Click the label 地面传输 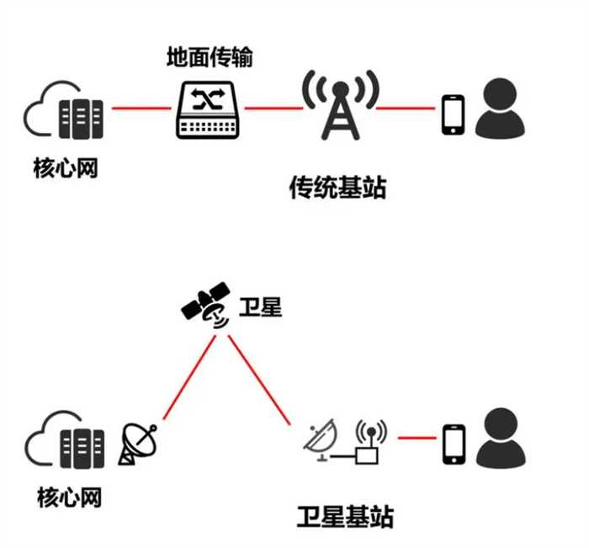tap(210, 58)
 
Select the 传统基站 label tap(337, 187)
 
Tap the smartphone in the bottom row tap(454, 444)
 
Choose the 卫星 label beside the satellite tap(259, 306)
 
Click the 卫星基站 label tap(345, 515)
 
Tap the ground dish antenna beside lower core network tap(137, 442)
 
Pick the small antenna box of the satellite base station tap(368, 446)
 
